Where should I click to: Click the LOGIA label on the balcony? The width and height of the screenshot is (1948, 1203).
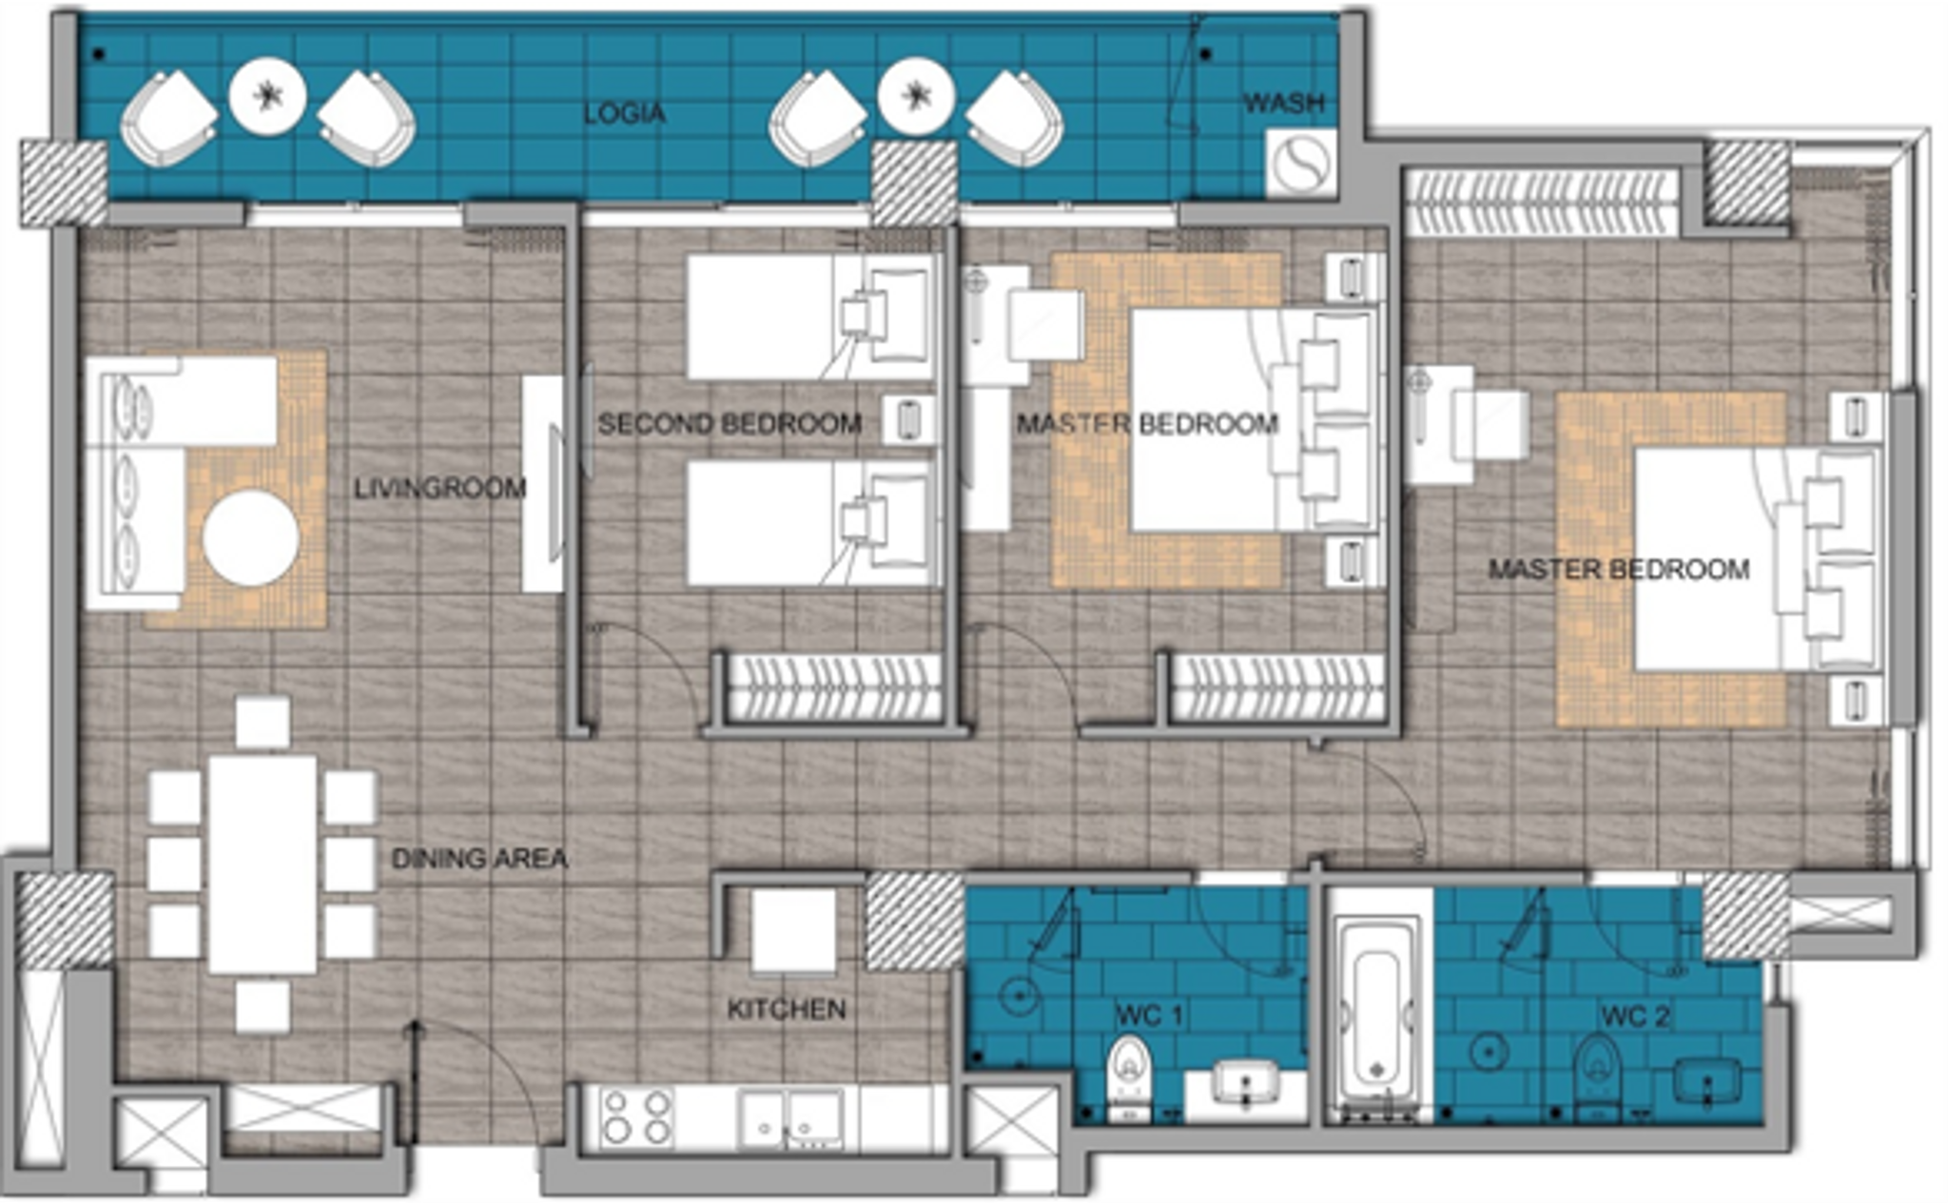(x=624, y=113)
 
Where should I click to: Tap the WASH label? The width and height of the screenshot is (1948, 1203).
(x=1284, y=103)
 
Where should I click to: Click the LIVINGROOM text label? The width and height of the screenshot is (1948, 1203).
(x=439, y=489)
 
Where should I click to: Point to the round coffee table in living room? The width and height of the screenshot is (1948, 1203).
(x=251, y=537)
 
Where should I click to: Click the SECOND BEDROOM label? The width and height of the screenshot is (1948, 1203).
(x=730, y=423)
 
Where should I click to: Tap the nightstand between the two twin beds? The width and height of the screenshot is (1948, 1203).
(x=907, y=419)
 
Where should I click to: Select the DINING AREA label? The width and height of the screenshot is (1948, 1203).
(x=479, y=859)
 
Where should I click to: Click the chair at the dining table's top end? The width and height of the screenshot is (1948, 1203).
(x=263, y=722)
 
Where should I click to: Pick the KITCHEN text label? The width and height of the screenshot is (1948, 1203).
(x=786, y=1009)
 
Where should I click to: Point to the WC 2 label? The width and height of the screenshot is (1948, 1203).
(x=1635, y=1016)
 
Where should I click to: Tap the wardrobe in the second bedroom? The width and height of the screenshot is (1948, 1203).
(x=833, y=687)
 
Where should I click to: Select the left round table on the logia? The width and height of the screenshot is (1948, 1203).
(x=267, y=96)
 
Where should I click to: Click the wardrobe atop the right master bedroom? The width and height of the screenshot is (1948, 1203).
(x=1541, y=202)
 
